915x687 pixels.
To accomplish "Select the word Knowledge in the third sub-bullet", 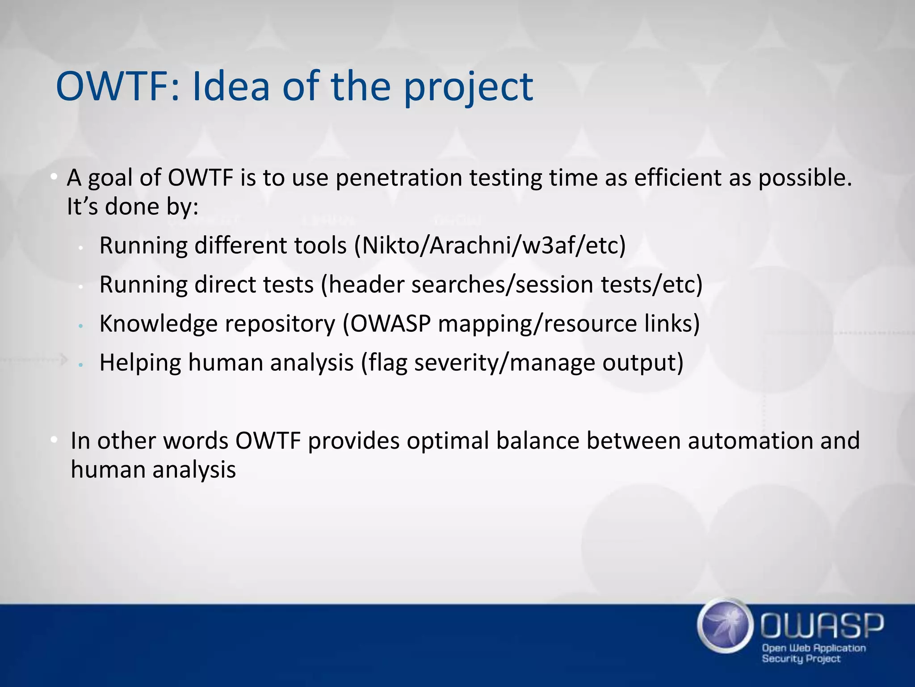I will click(x=158, y=324).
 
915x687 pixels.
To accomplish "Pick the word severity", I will click(x=455, y=363).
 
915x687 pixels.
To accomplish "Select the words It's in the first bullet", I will click(x=82, y=207).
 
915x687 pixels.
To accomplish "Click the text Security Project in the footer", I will click(x=801, y=658).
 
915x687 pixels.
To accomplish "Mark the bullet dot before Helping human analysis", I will click(x=80, y=365).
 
